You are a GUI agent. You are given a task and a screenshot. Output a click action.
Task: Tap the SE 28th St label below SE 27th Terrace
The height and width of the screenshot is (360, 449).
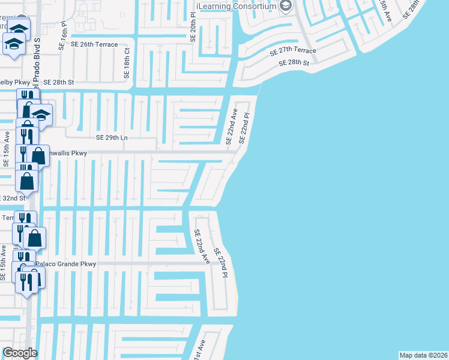294,63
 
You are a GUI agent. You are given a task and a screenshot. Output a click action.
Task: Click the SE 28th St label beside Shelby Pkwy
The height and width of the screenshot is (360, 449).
58,82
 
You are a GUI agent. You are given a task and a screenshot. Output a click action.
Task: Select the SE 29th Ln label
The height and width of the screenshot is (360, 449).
113,137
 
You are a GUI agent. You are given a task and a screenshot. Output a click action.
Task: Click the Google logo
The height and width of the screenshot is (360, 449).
20,353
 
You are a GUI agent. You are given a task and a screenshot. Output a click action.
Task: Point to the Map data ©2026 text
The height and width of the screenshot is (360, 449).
424,355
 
